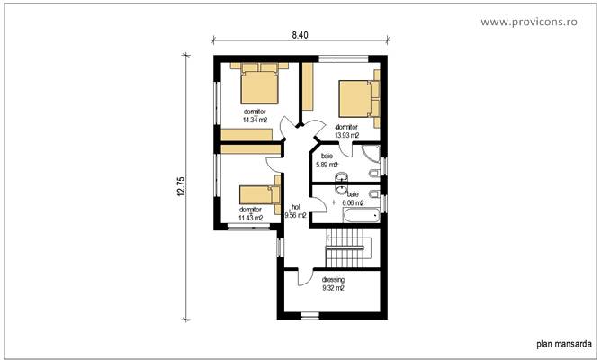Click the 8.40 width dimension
300,35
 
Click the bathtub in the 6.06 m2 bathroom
365,217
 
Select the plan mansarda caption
563,343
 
